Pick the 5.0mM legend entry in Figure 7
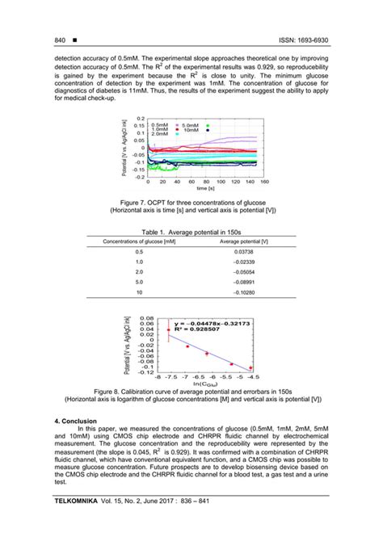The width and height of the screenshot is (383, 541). click(191, 125)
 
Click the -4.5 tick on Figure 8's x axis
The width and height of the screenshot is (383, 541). click(253, 377)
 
